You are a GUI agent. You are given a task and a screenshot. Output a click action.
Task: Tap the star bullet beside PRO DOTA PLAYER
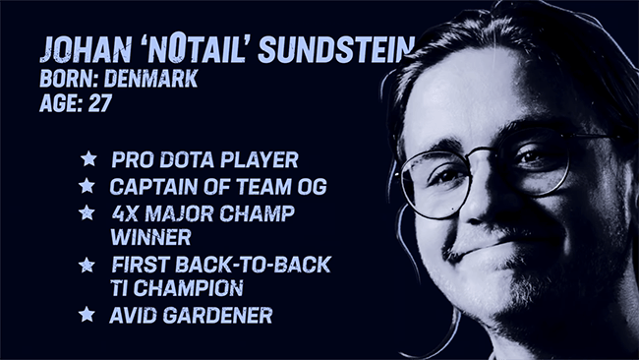(88, 158)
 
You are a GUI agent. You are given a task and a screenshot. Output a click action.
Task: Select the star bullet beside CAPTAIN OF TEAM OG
(87, 185)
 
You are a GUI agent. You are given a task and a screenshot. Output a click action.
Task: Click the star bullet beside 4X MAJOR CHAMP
(87, 211)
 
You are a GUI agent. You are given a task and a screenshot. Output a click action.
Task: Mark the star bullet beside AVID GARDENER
(87, 315)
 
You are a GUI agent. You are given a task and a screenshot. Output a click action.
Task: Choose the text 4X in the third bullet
(125, 211)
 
